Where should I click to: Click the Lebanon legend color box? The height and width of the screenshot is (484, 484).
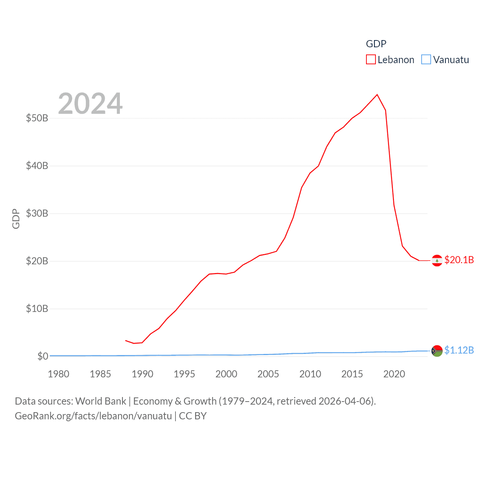(x=371, y=60)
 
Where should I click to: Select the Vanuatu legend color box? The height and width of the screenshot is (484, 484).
(x=426, y=60)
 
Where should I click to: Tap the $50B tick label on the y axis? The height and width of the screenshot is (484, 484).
(x=37, y=118)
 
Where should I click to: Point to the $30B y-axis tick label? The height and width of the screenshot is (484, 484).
(x=37, y=213)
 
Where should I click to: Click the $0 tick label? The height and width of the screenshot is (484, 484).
(x=43, y=356)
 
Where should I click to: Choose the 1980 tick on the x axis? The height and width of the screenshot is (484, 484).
(x=59, y=374)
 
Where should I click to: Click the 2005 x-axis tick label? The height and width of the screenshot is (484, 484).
(x=268, y=374)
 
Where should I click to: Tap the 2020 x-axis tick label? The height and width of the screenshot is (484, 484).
(x=394, y=374)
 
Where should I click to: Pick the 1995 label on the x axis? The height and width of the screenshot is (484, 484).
(x=184, y=374)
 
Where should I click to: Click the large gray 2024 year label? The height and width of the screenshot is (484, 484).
(x=90, y=104)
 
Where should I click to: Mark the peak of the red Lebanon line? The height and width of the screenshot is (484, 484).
(x=377, y=95)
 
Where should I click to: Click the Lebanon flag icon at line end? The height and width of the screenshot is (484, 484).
(x=437, y=261)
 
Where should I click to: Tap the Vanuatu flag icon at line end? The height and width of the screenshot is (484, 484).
(x=437, y=351)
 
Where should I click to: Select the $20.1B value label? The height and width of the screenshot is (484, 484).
(x=459, y=260)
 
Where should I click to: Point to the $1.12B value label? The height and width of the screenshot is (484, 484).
(x=459, y=350)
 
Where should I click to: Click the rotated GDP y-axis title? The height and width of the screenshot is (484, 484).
(x=16, y=219)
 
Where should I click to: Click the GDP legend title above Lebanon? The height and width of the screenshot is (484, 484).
(x=376, y=44)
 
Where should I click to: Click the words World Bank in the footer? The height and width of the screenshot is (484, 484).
(x=101, y=401)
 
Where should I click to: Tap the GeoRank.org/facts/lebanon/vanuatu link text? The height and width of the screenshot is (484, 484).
(x=93, y=416)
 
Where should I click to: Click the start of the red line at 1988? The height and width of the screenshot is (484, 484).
(x=126, y=340)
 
